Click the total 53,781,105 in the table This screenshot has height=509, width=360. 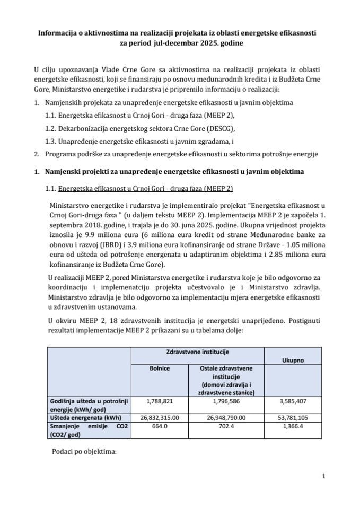click(289, 417)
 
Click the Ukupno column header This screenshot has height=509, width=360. click(289, 359)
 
